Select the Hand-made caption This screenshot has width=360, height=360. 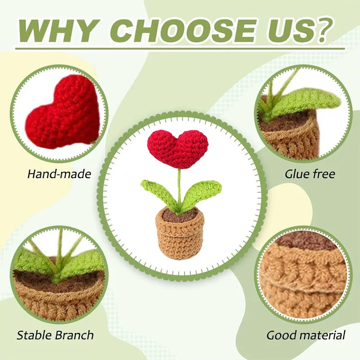pos(59,174)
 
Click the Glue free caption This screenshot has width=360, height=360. pos(310,174)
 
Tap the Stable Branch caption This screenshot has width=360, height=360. pos(55,335)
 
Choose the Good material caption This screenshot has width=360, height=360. pos(306,335)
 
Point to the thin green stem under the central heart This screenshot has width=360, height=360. pos(179,184)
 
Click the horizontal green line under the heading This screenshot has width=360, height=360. pos(180,49)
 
